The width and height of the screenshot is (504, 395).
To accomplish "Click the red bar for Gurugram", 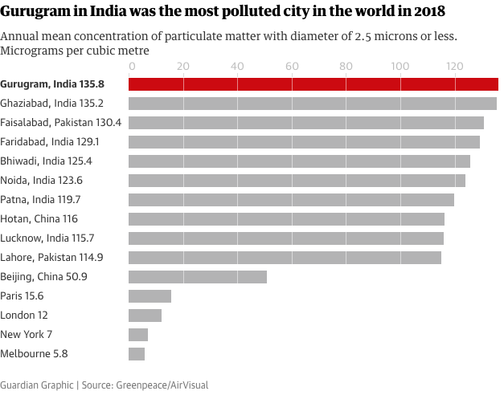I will click(313, 83).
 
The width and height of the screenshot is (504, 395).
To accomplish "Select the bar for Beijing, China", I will click(198, 277).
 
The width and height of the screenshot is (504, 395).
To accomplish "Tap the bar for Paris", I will click(150, 296).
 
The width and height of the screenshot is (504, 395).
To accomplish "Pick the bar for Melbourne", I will click(137, 354).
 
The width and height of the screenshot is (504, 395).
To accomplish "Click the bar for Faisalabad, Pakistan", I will click(306, 123).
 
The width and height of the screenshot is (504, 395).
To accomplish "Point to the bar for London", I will click(145, 316).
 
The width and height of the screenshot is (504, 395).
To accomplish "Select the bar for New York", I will click(138, 335).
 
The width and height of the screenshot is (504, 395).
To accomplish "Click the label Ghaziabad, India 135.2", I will click(51, 103).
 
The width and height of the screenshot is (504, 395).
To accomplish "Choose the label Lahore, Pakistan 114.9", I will click(51, 258).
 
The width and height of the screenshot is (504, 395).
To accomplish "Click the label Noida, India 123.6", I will click(42, 181).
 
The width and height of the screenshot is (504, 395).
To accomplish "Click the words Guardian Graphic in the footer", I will click(36, 385).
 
